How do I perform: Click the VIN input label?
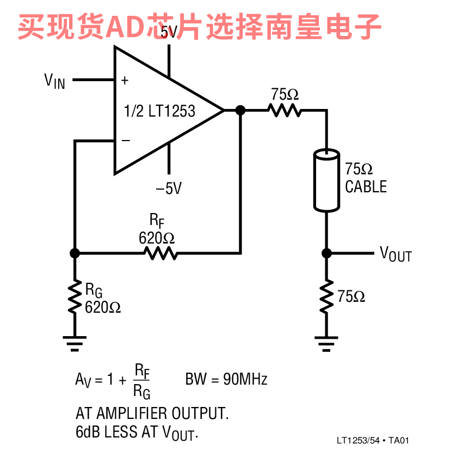click(x=54, y=81)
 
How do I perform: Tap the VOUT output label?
click(x=396, y=254)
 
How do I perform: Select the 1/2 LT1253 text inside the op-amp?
click(x=159, y=111)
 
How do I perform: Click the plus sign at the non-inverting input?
click(x=125, y=80)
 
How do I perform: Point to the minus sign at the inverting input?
click(x=126, y=141)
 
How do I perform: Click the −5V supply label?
click(x=169, y=188)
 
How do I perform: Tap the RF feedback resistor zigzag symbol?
click(x=160, y=253)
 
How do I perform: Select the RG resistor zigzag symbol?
click(x=75, y=296)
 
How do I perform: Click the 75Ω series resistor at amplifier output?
click(x=285, y=111)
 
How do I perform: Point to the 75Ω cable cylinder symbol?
click(x=326, y=180)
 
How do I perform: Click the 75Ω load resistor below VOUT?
click(x=326, y=296)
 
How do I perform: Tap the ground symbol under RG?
click(x=75, y=343)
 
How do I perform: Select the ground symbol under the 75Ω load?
click(x=326, y=343)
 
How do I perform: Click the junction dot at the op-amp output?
click(x=240, y=111)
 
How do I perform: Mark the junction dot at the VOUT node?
click(x=326, y=253)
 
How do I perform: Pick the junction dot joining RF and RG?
click(x=75, y=253)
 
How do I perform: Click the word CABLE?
click(x=366, y=186)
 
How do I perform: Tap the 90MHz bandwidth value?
click(x=245, y=379)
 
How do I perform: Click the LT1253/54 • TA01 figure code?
click(x=373, y=440)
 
